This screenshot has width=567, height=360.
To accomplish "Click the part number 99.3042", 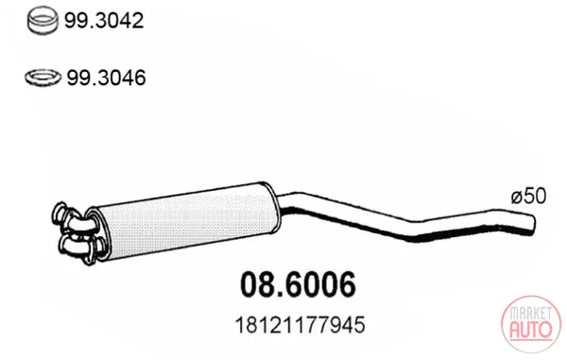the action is point(104,21).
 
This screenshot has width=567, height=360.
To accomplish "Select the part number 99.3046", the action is point(106,77).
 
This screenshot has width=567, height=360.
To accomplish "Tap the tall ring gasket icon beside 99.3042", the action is point(43,22).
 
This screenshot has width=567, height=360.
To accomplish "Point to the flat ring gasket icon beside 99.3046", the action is point(43,77).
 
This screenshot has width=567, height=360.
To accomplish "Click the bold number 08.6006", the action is point(298,284).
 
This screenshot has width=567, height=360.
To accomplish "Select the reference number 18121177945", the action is point(301,325).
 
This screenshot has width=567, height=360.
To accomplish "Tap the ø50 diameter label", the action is point(528,197).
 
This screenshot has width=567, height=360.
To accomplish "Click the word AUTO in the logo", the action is point(531,329).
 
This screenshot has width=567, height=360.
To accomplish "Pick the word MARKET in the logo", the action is point(531,314).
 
